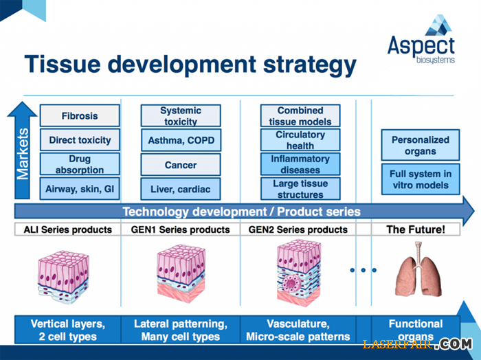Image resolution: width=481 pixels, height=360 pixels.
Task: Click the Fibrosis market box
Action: [80, 116]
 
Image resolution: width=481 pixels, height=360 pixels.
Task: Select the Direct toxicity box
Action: [80, 140]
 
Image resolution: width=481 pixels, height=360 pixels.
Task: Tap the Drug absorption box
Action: [80, 165]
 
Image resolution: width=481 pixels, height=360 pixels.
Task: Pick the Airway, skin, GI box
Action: [80, 189]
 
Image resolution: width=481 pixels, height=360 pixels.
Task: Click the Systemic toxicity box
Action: [181, 115]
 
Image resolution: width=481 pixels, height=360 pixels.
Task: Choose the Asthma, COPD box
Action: [181, 140]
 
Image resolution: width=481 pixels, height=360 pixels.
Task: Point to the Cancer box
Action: [181, 165]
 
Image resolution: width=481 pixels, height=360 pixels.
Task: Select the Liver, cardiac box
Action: [181, 189]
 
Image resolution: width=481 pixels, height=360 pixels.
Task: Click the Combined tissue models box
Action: [300, 115]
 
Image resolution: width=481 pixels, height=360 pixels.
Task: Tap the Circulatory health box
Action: [300, 139]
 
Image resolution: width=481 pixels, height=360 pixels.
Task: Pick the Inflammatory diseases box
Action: [300, 164]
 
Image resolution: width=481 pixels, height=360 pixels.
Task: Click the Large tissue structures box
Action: [300, 188]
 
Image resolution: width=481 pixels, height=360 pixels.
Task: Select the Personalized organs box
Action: [421, 145]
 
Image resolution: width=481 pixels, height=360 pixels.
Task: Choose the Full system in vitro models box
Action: [421, 180]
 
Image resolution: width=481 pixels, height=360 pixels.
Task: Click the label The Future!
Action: [415, 229]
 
